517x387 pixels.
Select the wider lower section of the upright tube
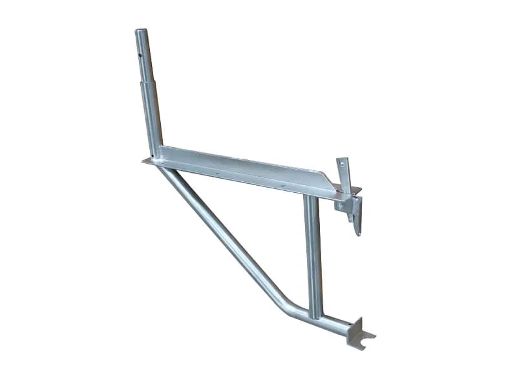click(x=151, y=119)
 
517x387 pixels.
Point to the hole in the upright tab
click(x=343, y=166)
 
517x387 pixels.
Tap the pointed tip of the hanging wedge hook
click(x=357, y=233)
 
